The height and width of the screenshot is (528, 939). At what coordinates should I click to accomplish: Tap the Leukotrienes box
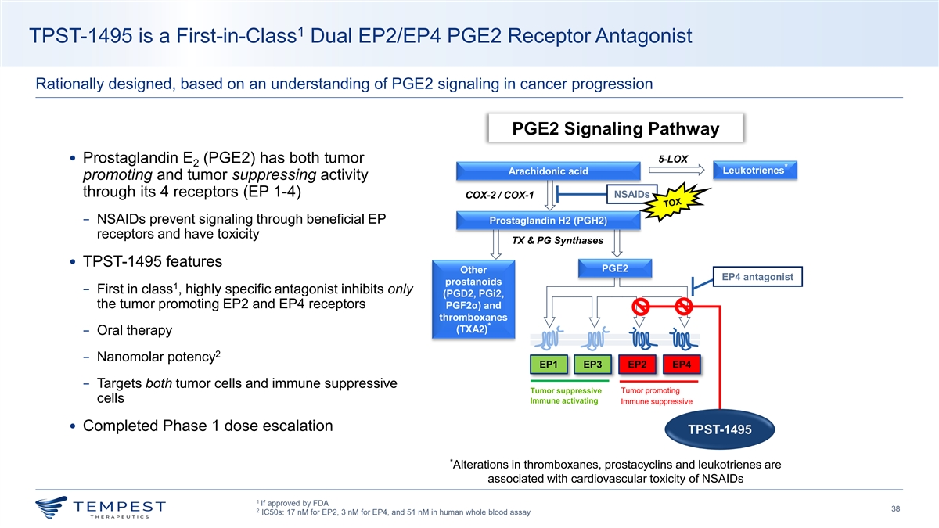click(757, 170)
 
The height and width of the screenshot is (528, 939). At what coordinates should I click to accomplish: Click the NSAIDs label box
click(632, 193)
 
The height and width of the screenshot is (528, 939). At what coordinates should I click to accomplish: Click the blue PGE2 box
click(613, 268)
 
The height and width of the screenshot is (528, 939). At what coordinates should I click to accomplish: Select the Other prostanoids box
click(468, 300)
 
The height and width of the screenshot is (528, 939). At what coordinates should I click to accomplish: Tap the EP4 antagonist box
click(757, 277)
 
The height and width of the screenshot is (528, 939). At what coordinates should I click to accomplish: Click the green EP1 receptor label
click(548, 365)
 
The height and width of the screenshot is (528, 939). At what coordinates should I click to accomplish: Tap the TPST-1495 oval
click(719, 429)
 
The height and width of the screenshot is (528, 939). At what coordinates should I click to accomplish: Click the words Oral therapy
click(134, 330)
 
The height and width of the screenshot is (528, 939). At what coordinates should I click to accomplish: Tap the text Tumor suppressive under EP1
click(566, 391)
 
